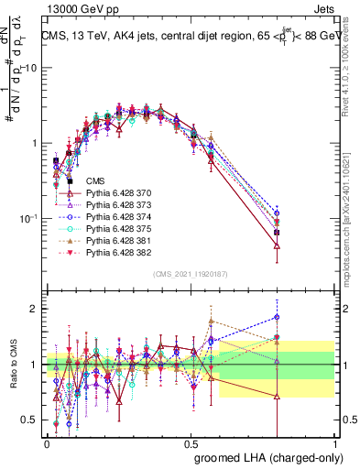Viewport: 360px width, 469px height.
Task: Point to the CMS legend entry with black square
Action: click(96, 183)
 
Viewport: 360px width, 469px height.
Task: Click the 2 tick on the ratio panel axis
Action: click(35, 309)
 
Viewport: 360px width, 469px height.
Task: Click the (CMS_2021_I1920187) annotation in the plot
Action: click(190, 273)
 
